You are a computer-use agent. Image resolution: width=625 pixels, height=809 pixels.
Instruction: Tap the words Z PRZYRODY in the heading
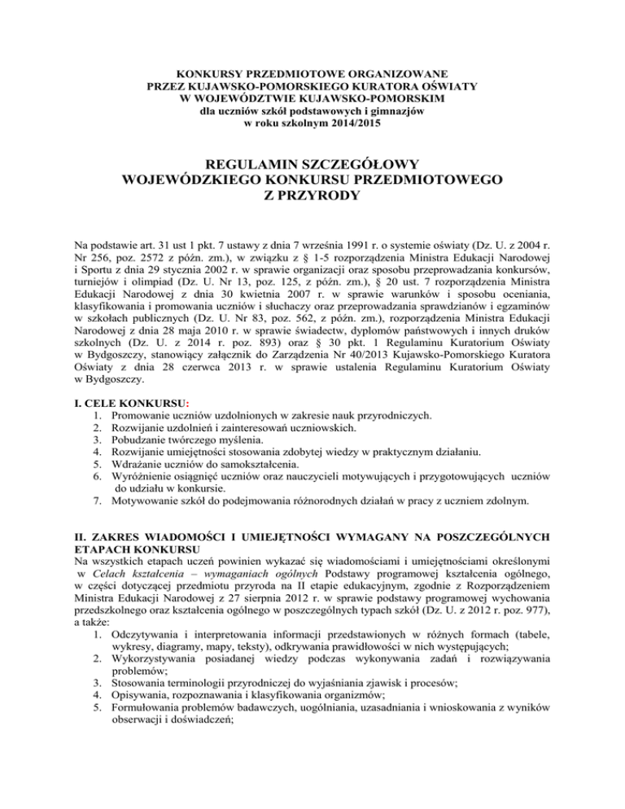pyautogui.click(x=312, y=196)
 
